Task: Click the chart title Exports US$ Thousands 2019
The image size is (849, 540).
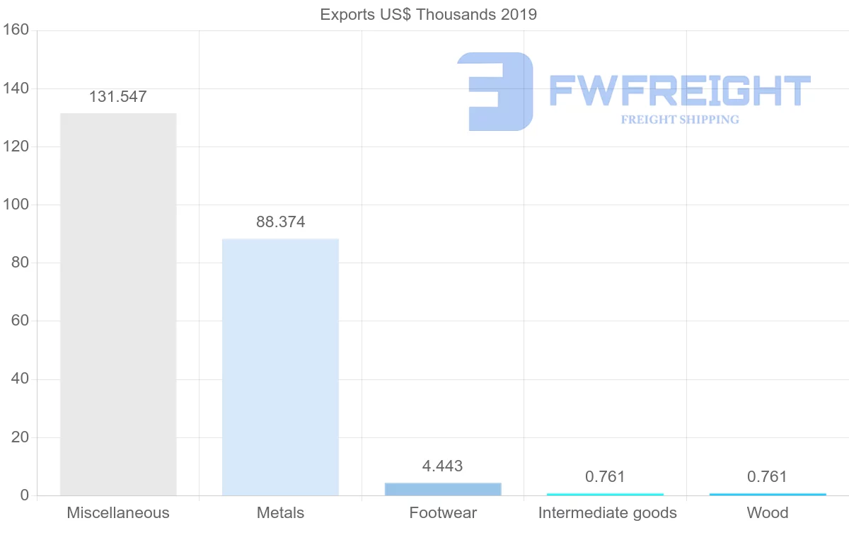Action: (429, 14)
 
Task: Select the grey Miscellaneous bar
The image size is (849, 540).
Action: (118, 304)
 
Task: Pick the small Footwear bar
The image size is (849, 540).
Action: (443, 489)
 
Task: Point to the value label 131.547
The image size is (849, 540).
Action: (118, 97)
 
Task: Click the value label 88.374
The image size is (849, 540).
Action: (281, 222)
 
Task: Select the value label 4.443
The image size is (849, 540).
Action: (443, 466)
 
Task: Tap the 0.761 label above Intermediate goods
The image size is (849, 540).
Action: (606, 477)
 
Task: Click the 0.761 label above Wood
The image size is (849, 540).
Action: (768, 477)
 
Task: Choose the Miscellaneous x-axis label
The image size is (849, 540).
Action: (118, 512)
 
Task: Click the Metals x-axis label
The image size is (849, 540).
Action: (281, 512)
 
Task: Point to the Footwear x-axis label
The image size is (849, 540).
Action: (443, 512)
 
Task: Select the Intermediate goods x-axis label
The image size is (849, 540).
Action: (607, 512)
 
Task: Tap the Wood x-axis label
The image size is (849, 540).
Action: (768, 512)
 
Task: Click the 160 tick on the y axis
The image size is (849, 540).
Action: (15, 30)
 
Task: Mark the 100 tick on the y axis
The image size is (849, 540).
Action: (15, 205)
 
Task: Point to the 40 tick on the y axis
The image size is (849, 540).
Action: (19, 379)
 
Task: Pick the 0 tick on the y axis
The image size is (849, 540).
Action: (24, 495)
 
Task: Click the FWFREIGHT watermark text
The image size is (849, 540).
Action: (680, 91)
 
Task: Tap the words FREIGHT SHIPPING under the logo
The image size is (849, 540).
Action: (680, 120)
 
